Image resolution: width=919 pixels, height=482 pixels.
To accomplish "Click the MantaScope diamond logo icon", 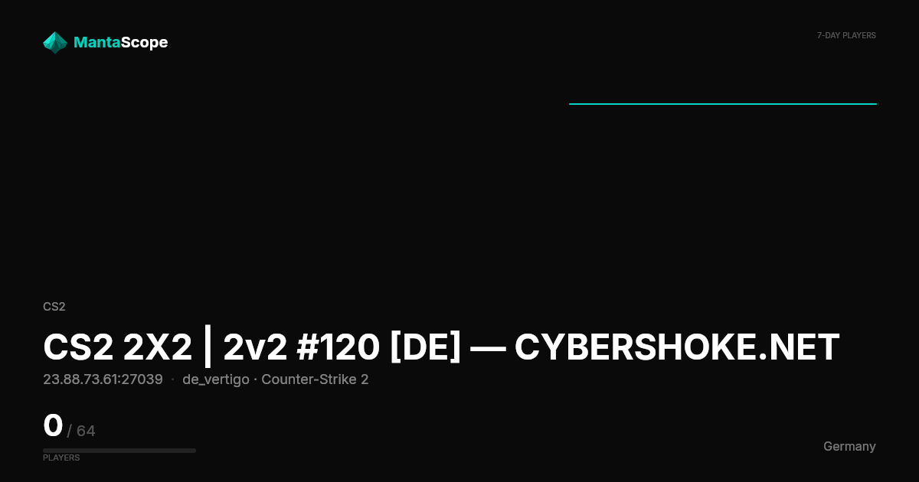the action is pos(55,43).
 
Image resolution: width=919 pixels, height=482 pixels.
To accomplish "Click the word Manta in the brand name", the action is pos(96,42).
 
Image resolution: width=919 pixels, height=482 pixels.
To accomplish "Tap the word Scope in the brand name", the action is pos(145,43).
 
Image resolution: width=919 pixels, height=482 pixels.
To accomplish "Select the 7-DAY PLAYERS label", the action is pos(846,36).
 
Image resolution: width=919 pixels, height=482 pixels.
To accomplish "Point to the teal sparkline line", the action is pos(723,104).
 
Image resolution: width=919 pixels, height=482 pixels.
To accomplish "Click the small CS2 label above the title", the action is pos(54,307).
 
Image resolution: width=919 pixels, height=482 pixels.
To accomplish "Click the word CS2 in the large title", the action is pos(78,347).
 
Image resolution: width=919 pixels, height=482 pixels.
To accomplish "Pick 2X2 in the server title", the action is pos(158,347).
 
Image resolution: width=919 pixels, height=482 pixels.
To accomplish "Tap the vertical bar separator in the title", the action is pos(208,347).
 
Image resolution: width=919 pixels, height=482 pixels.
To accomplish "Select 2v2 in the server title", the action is pos(255,347).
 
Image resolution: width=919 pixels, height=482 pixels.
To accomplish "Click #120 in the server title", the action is pos(338,347).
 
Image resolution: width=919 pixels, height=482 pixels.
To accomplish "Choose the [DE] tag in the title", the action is pos(426,347).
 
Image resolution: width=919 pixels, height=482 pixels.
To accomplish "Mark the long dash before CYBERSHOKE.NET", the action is pos(488,349).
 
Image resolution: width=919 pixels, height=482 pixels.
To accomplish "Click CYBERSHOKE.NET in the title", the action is pos(677,347).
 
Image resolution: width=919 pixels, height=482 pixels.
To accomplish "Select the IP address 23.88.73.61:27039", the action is pos(103,379).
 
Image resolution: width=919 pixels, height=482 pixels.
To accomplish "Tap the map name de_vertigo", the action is pos(216,380).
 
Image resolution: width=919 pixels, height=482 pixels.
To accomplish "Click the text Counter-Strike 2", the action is pos(315,379).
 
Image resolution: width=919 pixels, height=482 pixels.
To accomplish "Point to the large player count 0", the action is pos(53,425).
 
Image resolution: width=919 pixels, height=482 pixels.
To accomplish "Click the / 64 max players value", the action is pos(81,431).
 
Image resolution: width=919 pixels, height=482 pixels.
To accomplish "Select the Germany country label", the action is pos(849,446).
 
